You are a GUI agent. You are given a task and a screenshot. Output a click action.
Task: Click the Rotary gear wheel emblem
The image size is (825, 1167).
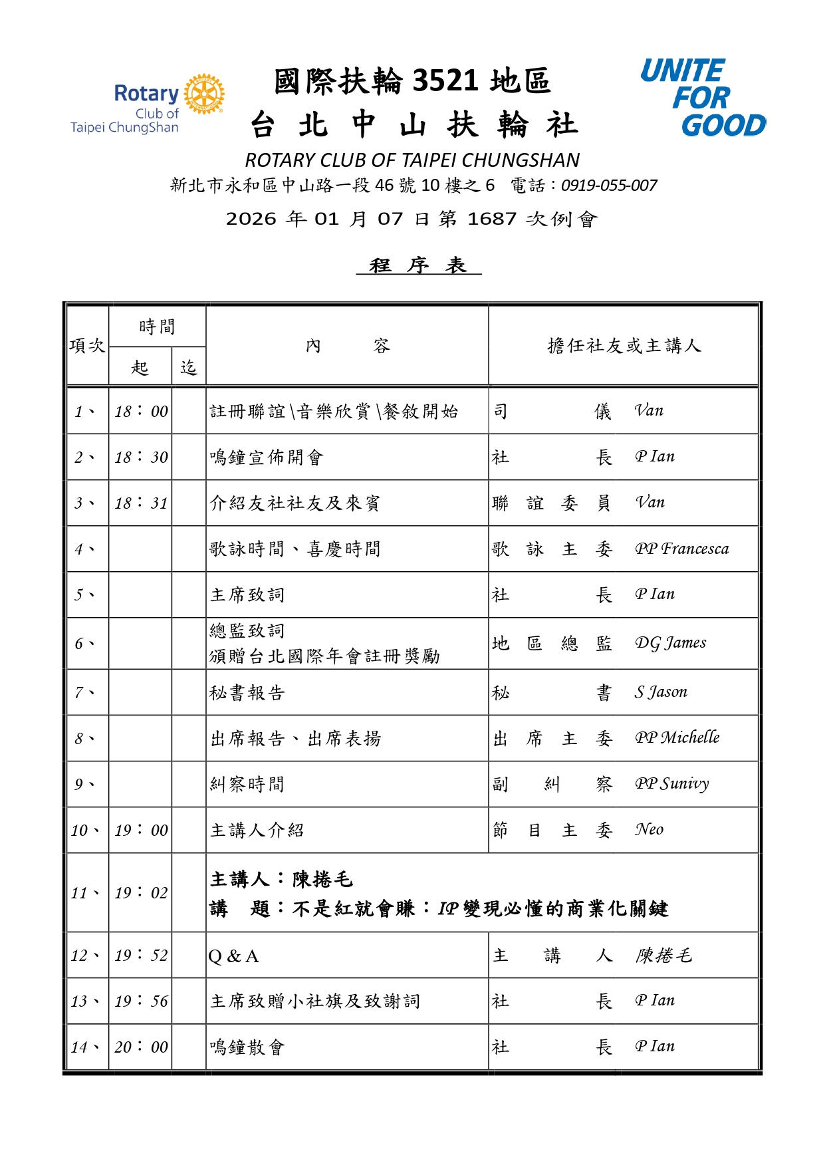[204, 94]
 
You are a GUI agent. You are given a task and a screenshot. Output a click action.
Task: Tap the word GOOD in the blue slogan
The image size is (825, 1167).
[723, 125]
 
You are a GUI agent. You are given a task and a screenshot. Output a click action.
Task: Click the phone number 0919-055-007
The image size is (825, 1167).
[609, 186]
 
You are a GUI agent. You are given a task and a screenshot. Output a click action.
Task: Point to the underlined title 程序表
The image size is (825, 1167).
[418, 265]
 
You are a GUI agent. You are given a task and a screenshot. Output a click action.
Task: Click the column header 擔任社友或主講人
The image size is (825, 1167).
[624, 346]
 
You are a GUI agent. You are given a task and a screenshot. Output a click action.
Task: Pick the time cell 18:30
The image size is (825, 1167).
[141, 457]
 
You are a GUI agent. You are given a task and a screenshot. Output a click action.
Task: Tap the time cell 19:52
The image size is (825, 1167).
[141, 956]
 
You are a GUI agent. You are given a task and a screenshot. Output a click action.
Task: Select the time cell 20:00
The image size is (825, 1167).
[141, 1047]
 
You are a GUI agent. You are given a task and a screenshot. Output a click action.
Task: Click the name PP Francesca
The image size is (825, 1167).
[681, 549]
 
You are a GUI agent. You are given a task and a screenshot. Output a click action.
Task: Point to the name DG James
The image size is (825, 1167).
[670, 643]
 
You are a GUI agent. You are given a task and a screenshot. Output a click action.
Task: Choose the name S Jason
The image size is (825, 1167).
[660, 692]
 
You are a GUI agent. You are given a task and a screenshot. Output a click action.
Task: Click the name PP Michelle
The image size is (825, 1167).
[677, 738]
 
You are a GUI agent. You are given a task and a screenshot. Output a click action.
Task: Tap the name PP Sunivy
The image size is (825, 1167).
[671, 784]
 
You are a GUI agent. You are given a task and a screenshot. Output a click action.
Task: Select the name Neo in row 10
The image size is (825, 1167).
[649, 830]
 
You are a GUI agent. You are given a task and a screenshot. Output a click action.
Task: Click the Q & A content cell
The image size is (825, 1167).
[233, 956]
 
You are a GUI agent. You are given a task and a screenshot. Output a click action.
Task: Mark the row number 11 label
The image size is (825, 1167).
[84, 893]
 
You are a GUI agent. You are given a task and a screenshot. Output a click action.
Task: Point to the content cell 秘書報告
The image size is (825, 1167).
[247, 693]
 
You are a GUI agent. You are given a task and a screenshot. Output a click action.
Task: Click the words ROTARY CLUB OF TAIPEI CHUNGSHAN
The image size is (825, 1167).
[412, 160]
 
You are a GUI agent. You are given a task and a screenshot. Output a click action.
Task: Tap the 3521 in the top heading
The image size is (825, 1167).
[445, 81]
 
